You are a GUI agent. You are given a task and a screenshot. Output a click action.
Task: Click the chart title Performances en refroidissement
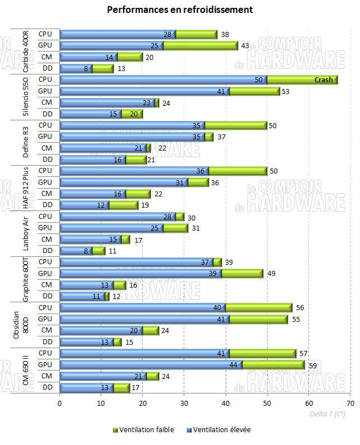point(180,10)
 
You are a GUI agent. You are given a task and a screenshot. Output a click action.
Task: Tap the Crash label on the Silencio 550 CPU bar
point(324,80)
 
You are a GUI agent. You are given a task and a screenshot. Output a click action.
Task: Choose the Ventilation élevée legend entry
point(221,430)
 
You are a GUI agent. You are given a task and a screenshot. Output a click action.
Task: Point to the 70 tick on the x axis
point(350,402)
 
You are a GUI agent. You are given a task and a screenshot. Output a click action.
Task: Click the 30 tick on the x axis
point(184,402)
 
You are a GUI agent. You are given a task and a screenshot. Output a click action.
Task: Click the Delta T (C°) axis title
point(328,414)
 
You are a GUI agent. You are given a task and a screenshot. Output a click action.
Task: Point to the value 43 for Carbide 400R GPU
point(244,45)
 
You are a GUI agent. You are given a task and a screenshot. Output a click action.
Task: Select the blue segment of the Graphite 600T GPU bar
point(140,273)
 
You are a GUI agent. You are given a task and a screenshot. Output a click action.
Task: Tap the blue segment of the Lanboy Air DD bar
point(75,251)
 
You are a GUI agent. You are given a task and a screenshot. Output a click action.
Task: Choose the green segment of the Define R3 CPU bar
point(235,125)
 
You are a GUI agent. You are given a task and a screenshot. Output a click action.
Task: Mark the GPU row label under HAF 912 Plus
point(45,182)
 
